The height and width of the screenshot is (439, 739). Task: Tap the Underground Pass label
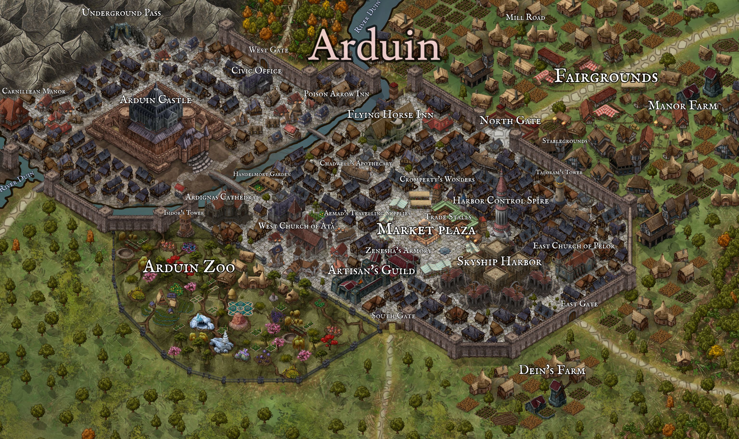tap(121, 13)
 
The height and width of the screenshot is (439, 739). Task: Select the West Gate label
tap(268, 50)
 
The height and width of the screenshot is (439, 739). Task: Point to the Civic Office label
tap(256, 71)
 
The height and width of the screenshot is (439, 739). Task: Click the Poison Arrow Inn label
tap(336, 94)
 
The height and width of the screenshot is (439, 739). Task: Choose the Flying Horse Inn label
tap(390, 115)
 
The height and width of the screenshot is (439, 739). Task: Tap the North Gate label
tap(510, 120)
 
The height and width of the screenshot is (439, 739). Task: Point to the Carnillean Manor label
tap(34, 91)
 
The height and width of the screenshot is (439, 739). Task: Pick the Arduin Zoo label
tap(189, 267)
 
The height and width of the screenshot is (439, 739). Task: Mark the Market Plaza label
tap(426, 230)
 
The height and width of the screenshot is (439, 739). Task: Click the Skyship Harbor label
tap(499, 261)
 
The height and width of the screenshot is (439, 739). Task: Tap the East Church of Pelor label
tap(574, 245)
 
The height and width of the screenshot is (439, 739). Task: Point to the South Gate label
tap(393, 316)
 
